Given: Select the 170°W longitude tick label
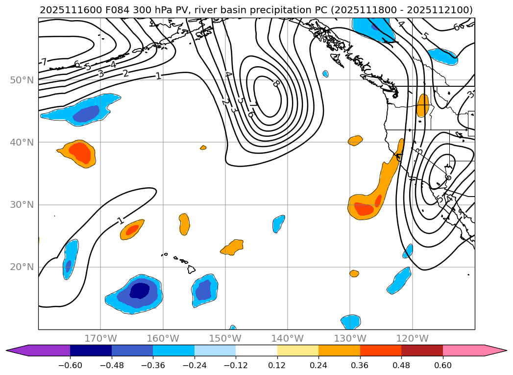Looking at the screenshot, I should click(100, 338).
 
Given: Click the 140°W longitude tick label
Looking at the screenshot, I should click(287, 338).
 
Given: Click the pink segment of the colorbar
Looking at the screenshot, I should click(463, 350).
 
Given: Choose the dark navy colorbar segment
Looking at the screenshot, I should click(91, 350).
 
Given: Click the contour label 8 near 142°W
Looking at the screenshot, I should click(276, 83).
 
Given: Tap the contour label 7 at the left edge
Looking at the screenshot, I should click(44, 62).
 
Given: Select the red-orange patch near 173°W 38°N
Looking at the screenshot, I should click(82, 153).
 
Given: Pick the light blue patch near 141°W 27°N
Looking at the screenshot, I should click(278, 224).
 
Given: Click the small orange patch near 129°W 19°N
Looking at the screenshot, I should click(354, 273).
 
